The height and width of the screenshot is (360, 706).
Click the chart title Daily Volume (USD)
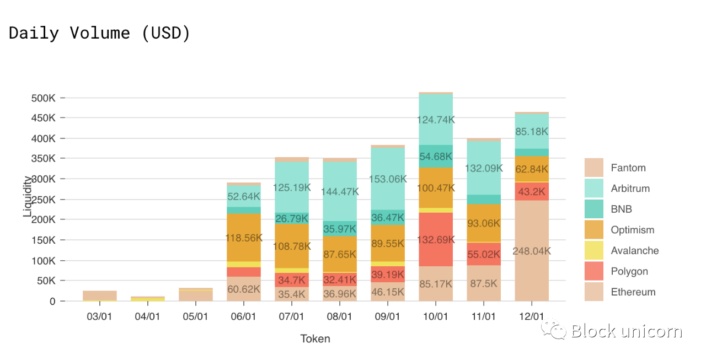(x=100, y=33)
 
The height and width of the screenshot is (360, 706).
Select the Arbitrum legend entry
(x=630, y=189)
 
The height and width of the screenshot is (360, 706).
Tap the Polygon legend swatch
(x=594, y=271)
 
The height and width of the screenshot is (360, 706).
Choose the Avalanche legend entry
(x=634, y=251)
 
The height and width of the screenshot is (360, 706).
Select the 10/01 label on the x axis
(x=436, y=316)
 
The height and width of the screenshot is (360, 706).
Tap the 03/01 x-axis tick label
(x=100, y=316)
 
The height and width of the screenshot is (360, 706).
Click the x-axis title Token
(x=315, y=338)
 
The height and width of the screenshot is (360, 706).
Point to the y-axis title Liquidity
(x=27, y=197)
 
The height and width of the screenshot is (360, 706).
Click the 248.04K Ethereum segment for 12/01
(x=532, y=251)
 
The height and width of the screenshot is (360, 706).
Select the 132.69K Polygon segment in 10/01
(x=436, y=240)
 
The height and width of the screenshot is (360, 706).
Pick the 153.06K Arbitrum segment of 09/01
(x=388, y=179)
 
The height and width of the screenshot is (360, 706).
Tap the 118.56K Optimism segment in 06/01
(x=244, y=238)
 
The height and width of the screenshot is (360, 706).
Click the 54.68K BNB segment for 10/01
(x=436, y=157)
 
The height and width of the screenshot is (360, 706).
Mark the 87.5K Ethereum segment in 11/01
(x=484, y=283)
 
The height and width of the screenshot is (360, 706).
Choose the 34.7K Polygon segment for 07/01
(x=292, y=280)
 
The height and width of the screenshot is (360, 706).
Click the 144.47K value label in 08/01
(x=340, y=192)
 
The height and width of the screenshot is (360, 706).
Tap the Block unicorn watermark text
(x=627, y=331)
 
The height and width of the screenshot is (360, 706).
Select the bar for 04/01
(x=148, y=299)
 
